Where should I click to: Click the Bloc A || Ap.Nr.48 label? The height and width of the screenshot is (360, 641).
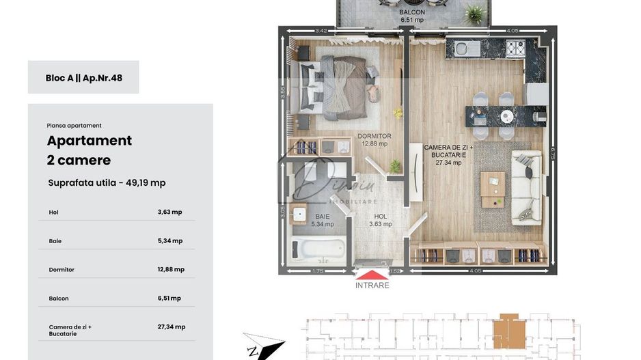pos(83,78)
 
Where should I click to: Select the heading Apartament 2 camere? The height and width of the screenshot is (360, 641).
pos(89,150)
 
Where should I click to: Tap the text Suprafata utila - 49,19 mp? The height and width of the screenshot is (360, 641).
pos(107,183)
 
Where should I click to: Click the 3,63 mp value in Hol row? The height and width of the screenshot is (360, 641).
pos(169,212)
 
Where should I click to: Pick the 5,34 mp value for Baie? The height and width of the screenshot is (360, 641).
pos(169,241)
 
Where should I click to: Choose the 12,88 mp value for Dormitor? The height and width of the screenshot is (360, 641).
pos(171,270)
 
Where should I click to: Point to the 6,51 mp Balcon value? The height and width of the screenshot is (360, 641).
pos(169,299)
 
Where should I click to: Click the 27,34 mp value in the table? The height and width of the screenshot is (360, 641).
pos(171,327)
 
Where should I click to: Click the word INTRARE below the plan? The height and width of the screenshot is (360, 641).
pos(372,286)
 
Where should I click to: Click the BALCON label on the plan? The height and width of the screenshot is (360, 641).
pos(412,12)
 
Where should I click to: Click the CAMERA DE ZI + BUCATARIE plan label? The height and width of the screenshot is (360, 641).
pos(448,155)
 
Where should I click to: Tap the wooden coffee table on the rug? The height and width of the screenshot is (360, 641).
pos(492,188)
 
